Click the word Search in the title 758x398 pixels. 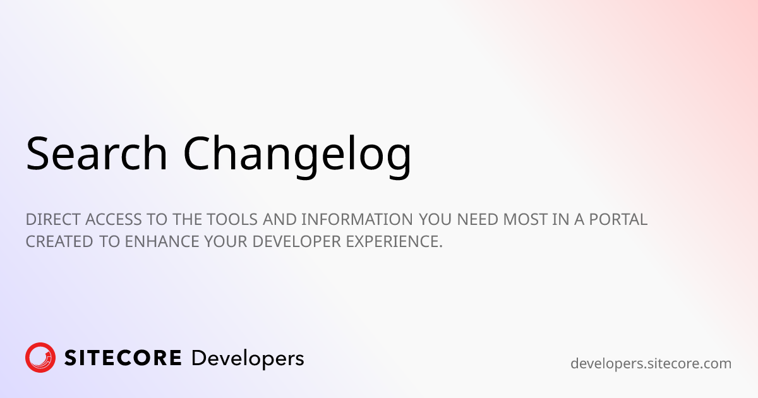[97, 154]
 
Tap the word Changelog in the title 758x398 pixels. [297, 154]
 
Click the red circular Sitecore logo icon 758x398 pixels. [40, 358]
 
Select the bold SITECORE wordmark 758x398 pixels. [123, 358]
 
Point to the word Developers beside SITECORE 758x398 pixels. [247, 359]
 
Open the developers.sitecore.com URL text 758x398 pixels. [651, 364]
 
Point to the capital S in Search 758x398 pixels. [38, 154]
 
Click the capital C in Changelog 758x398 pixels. [198, 154]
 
